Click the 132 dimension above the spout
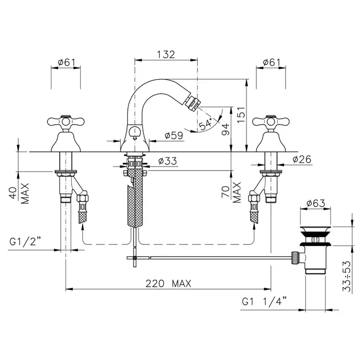166,55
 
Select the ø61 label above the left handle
67,62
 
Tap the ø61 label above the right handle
271,62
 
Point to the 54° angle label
206,124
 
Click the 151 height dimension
241,115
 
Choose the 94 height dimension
225,129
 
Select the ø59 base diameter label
174,135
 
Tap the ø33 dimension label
167,161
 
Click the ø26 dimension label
302,159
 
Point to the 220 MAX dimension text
168,283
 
